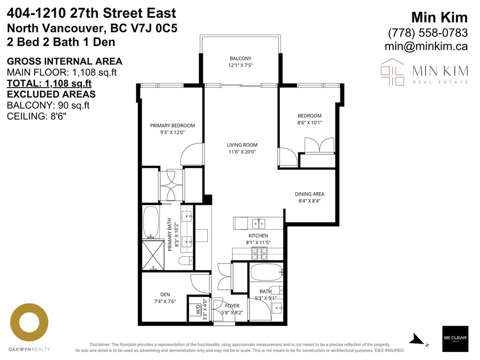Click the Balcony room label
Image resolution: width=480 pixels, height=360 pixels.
241,59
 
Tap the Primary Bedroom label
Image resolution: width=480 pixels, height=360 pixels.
172,126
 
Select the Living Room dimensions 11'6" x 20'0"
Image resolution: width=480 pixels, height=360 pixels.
242,152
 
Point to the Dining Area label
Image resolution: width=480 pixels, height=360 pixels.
309,194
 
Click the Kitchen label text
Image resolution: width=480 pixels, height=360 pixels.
258,236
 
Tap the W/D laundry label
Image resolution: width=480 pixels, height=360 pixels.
198,309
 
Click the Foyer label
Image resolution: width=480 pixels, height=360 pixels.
232,306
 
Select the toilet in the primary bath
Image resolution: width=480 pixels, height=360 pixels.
185,261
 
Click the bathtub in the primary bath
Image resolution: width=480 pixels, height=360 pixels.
151,221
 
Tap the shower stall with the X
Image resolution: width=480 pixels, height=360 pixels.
153,255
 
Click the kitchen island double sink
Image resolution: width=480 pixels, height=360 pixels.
258,222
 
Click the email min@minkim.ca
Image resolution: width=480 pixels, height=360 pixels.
426,46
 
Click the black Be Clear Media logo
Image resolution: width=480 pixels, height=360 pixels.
455,338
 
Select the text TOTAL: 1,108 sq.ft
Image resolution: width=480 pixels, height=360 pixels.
49,84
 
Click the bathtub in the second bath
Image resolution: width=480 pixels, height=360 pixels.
265,271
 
